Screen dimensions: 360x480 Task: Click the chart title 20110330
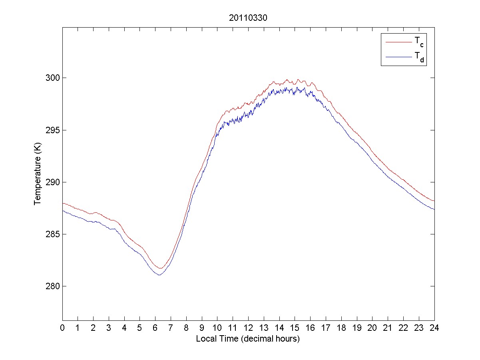[248, 18]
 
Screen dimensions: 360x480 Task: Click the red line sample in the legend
[398, 42]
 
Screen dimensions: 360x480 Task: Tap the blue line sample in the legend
[398, 57]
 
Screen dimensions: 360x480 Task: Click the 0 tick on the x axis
[62, 328]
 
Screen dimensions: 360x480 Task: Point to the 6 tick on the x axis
[155, 328]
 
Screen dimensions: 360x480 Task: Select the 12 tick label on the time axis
[248, 328]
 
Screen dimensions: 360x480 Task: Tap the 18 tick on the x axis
[341, 328]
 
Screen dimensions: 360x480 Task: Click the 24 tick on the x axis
[434, 328]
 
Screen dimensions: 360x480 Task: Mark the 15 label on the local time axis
[295, 328]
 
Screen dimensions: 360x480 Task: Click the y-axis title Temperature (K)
[38, 182]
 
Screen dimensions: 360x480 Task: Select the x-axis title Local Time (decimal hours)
[248, 339]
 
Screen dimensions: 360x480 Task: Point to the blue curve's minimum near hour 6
[159, 275]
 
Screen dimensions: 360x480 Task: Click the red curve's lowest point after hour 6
[161, 268]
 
